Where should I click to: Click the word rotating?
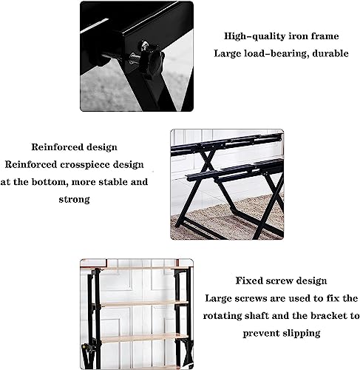[237, 316]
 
